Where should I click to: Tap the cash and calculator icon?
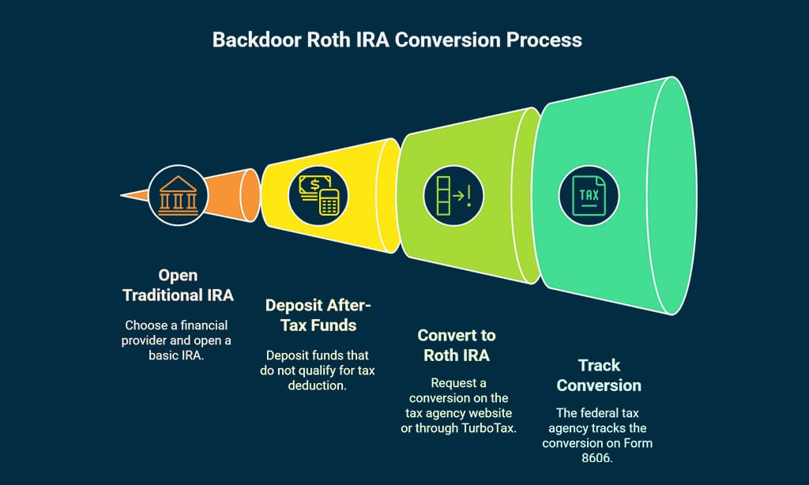click(320, 194)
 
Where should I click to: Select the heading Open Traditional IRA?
click(178, 285)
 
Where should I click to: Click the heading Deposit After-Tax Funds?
click(317, 316)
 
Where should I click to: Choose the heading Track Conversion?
click(599, 375)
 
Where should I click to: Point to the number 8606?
click(598, 457)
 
